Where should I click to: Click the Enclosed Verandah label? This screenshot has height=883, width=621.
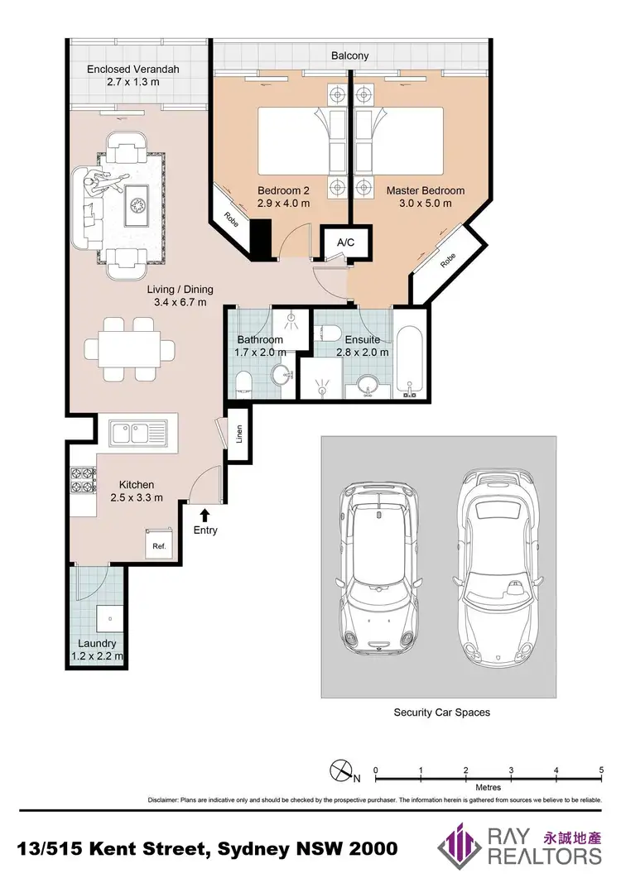pos(133,70)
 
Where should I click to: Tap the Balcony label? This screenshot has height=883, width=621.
pos(349,56)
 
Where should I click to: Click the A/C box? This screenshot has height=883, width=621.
pos(345,242)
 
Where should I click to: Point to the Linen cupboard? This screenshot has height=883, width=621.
pos(238,434)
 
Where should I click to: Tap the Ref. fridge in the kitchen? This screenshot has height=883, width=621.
pos(157,546)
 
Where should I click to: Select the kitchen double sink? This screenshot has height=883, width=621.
pos(137,431)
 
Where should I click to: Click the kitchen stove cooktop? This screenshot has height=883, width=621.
pos(83,478)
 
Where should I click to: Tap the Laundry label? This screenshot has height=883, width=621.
pos(98,643)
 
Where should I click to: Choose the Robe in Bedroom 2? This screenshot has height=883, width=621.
pos(231,217)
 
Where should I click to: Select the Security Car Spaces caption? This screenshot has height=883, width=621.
pos(441,713)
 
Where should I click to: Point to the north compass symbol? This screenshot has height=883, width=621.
pos(340,771)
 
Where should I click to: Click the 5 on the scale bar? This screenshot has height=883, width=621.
pos(600,770)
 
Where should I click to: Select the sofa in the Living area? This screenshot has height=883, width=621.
pos(86,208)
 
